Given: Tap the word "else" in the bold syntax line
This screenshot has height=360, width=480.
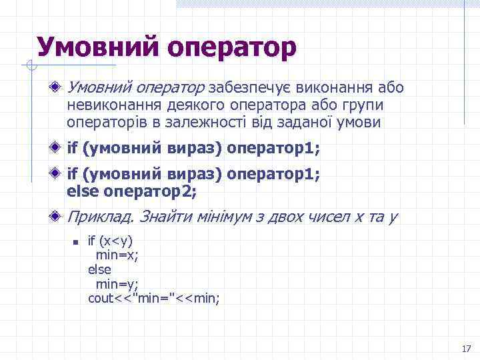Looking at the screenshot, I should click(81, 192).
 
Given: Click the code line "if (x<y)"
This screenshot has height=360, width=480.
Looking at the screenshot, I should click(111, 241).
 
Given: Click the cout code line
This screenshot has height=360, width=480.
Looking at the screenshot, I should click(154, 298).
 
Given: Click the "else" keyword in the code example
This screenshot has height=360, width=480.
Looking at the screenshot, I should click(99, 269).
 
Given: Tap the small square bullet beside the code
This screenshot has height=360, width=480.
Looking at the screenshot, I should click(77, 242).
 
